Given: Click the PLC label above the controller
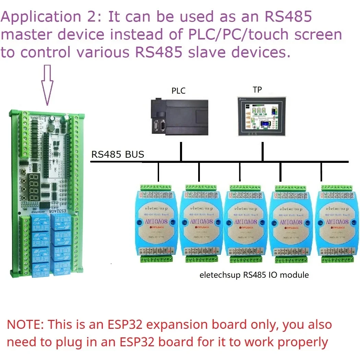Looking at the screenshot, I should (x=178, y=91).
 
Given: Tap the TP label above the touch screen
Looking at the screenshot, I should (x=257, y=90).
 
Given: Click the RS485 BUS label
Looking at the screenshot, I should (x=118, y=155).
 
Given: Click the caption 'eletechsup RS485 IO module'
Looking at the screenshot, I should (x=254, y=275).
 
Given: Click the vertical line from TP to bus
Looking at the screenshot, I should (x=263, y=151).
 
